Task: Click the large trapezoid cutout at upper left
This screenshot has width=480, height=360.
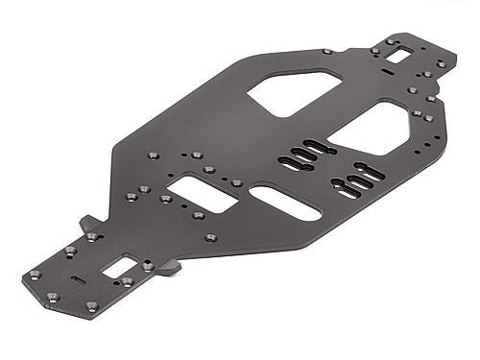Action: click(x=293, y=92)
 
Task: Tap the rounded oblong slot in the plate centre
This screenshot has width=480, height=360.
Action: click(x=285, y=202)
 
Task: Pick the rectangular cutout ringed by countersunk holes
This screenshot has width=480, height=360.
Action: click(x=201, y=193)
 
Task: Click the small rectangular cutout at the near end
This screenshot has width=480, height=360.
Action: click(x=119, y=267)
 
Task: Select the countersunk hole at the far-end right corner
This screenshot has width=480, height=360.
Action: click(x=441, y=63)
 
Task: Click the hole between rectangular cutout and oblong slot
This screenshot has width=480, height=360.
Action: click(x=237, y=182)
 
